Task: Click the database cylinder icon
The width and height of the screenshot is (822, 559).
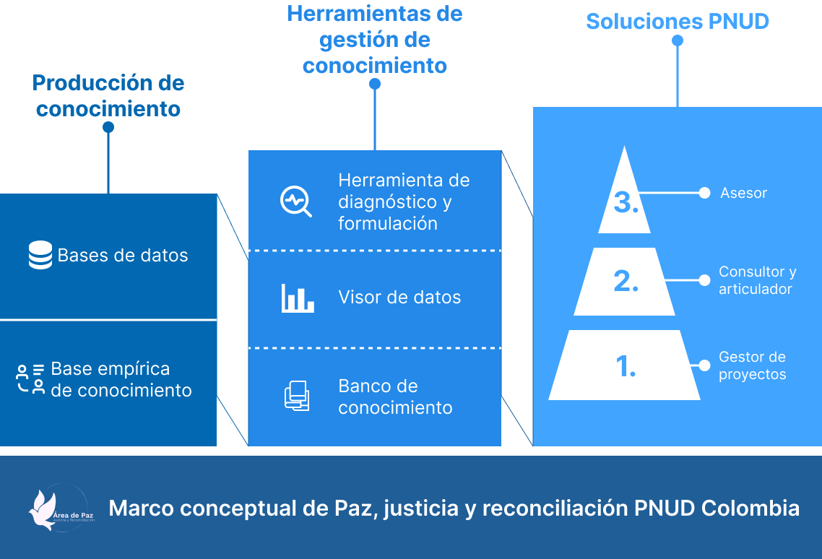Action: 40,256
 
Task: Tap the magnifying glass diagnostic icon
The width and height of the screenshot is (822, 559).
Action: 295,201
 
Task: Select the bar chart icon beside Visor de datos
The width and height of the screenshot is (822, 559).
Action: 298,298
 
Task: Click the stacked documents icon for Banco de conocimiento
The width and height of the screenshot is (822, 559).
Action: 296,396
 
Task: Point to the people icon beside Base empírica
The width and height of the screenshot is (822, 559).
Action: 30,379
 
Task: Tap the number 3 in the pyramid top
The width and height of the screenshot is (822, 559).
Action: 626,203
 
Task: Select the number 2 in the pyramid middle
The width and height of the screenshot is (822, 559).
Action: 626,282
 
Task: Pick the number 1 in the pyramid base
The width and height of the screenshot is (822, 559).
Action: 626,367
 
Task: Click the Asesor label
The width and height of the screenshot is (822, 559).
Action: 743,194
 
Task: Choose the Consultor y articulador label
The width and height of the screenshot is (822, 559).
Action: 757,280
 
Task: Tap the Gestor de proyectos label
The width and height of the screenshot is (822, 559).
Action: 752,365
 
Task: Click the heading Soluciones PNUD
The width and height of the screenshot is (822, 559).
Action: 678,22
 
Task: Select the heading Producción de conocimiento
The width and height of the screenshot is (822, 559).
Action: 108,96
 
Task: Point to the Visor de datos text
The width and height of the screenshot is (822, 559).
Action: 399,298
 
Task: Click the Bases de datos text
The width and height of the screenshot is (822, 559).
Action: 123,256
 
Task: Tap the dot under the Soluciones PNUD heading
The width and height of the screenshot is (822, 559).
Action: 678,41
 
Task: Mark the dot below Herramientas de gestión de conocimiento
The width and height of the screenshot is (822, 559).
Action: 375,84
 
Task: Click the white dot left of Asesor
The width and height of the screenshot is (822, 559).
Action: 704,193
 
